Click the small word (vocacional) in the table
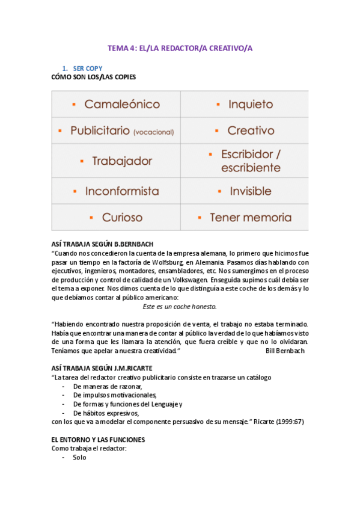tap(154, 132)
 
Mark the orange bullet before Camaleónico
tap(74, 104)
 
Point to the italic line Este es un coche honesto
tap(180, 306)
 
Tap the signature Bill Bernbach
tap(284, 350)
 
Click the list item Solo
tap(79, 458)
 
